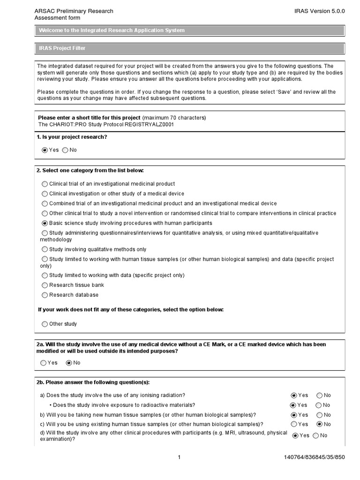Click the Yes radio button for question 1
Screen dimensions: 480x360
[x=45, y=150]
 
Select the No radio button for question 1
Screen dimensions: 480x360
[x=65, y=150]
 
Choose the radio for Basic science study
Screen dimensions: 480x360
[x=45, y=223]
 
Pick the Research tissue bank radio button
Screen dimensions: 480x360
[x=45, y=285]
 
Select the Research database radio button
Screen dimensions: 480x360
[x=45, y=295]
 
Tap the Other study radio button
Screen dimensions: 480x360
[x=45, y=324]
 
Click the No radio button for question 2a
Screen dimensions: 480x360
[x=69, y=362]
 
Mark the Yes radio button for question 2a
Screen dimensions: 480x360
[x=44, y=362]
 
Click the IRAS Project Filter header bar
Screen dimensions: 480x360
[x=190, y=48]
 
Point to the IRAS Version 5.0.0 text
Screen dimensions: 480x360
[x=326, y=11]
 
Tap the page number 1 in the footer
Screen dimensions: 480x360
[x=179, y=457]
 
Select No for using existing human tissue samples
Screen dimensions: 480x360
[x=320, y=424]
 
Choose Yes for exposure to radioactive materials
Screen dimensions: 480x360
[x=293, y=405]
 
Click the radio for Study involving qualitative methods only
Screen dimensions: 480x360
[x=45, y=249]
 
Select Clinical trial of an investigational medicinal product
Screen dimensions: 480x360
[x=45, y=184]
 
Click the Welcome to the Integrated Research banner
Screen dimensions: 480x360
[x=190, y=30]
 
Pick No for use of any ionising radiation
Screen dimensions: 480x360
[x=320, y=395]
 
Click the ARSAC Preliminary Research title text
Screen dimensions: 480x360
[x=74, y=11]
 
